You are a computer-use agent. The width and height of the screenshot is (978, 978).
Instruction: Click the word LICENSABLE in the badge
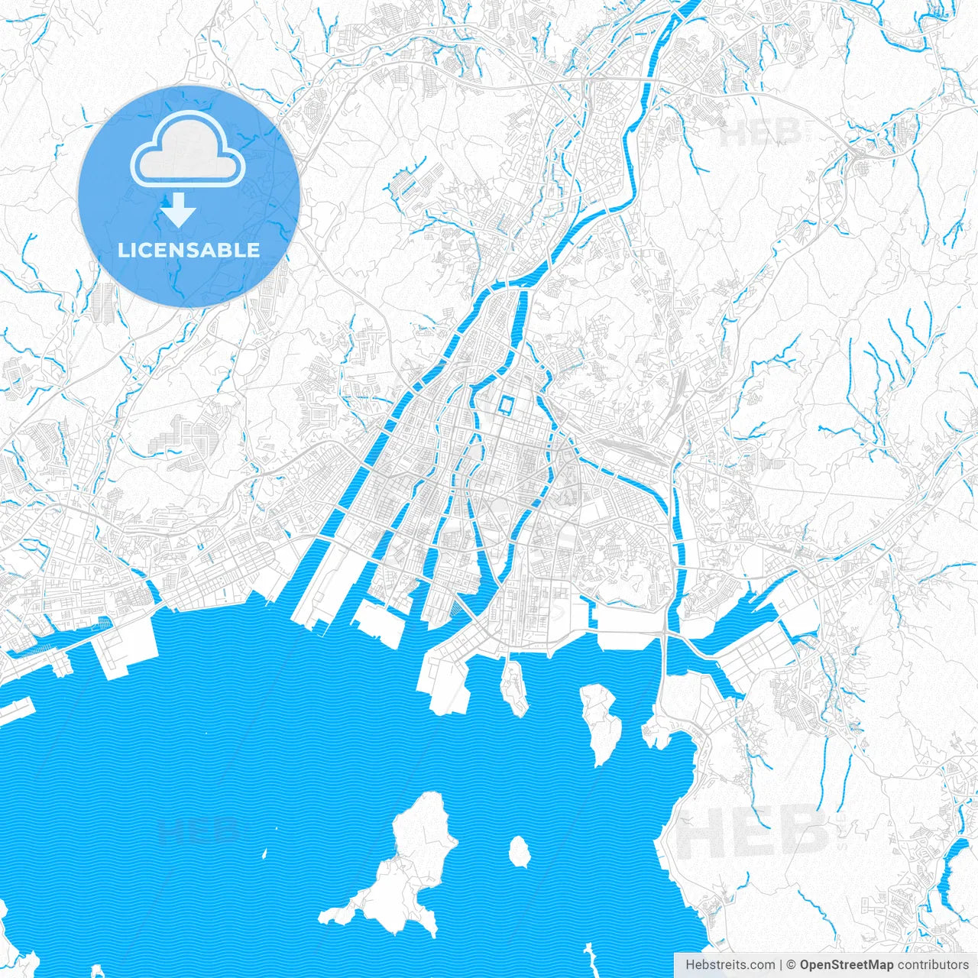[189, 250]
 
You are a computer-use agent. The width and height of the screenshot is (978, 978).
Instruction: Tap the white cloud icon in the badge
[188, 149]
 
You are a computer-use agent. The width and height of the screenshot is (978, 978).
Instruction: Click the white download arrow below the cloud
[178, 210]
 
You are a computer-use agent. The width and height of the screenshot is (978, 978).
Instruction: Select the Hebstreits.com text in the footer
[730, 965]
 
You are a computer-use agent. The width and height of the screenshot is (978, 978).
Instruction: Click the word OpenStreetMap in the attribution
[846, 965]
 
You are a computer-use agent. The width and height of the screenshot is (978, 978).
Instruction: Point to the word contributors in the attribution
[932, 965]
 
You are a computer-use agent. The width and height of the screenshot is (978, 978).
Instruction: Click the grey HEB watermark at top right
[760, 131]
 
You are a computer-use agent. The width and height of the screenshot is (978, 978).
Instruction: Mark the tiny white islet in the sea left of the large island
[265, 853]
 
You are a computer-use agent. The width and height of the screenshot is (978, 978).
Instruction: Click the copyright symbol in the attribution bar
[792, 965]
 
